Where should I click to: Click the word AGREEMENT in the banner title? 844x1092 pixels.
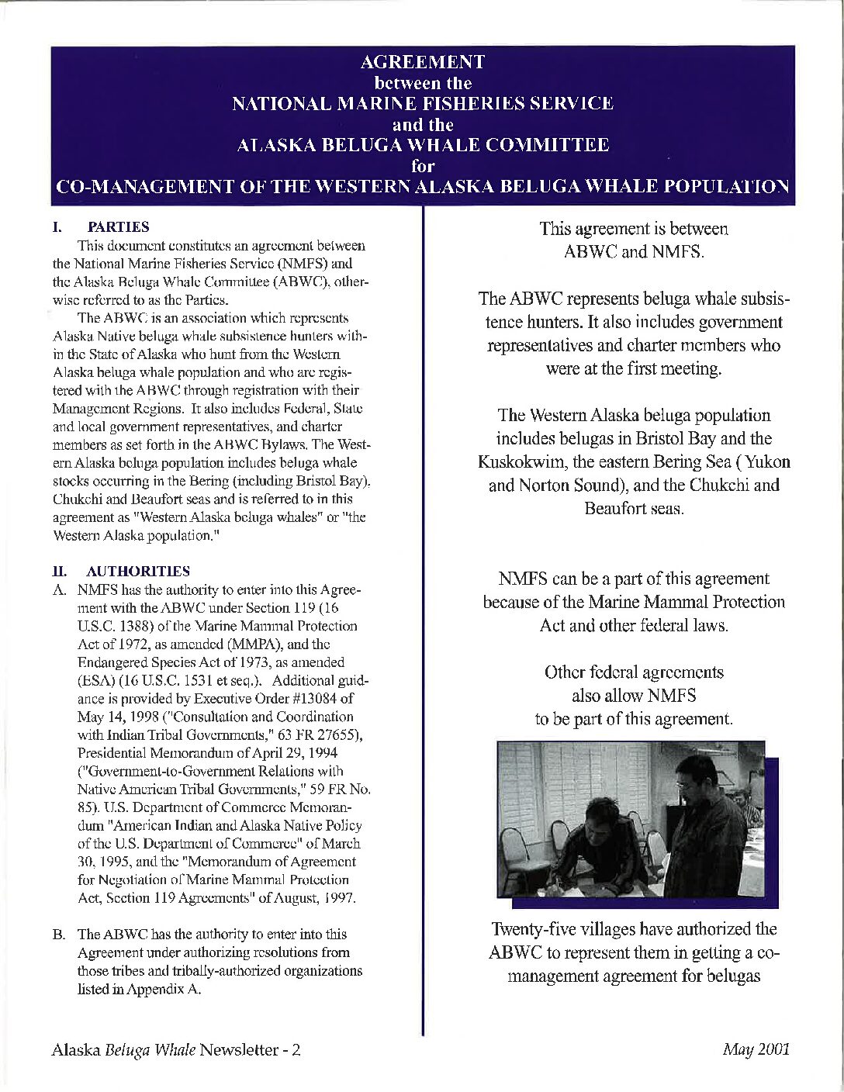[423, 62]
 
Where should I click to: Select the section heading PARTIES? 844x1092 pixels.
[118, 227]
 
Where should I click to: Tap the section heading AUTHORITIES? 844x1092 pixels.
[139, 572]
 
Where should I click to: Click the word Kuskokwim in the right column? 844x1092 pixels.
[517, 462]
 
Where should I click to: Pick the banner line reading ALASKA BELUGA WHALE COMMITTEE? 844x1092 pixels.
[423, 145]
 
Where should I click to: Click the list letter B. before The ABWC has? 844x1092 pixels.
[59, 935]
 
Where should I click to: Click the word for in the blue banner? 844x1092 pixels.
[423, 165]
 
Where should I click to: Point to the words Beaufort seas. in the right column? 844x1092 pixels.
[634, 509]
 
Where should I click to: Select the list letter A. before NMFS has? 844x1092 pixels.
[59, 590]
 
